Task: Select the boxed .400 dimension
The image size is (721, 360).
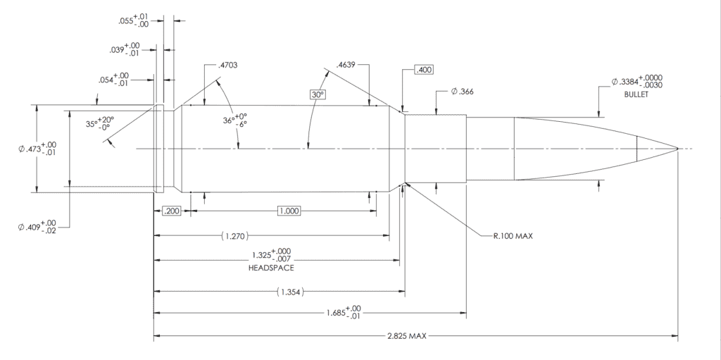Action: click(424, 70)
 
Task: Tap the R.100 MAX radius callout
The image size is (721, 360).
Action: click(513, 236)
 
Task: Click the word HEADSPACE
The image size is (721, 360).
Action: click(270, 268)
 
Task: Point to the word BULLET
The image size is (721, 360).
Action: click(635, 94)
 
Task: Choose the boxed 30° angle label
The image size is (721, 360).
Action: click(317, 94)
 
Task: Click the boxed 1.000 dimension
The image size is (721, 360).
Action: click(289, 211)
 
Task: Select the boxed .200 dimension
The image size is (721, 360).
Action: click(171, 211)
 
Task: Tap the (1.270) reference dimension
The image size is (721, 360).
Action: click(236, 235)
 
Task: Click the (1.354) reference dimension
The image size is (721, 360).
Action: click(290, 290)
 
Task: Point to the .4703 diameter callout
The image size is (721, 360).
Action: click(228, 66)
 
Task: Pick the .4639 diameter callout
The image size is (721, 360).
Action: click(346, 66)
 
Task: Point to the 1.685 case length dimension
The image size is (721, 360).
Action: click(344, 311)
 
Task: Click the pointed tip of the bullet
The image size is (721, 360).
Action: click(677, 149)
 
